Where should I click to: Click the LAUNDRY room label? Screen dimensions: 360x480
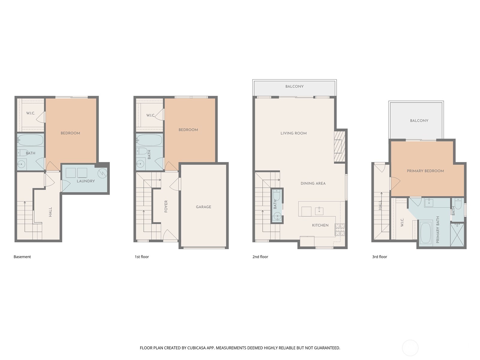click(85, 181)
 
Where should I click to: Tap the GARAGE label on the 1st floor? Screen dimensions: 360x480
click(203, 207)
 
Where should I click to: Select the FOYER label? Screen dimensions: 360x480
click(166, 206)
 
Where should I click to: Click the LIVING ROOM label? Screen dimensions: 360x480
click(293, 133)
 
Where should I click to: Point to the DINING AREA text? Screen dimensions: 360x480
click(313, 183)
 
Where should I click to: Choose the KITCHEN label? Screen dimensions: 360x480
click(320, 225)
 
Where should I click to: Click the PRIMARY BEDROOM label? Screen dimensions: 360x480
click(425, 171)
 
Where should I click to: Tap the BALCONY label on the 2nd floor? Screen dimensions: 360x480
click(294, 86)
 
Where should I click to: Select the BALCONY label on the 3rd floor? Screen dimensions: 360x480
click(419, 121)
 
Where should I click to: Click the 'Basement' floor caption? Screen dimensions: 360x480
click(22, 257)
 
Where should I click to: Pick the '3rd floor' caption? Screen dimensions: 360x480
click(379, 257)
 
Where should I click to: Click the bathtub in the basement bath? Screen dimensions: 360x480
click(30, 140)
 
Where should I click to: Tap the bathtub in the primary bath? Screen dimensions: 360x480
click(425, 232)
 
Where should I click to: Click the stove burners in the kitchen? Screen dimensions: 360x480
click(340, 229)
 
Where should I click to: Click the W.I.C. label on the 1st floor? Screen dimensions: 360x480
click(150, 115)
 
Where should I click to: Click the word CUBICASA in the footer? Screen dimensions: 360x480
click(197, 348)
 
